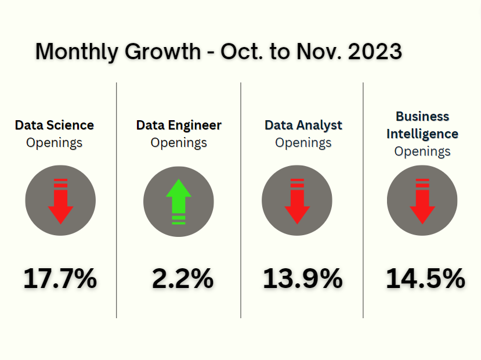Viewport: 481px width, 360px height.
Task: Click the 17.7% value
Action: pyautogui.click(x=60, y=279)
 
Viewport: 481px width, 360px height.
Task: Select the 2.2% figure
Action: pyautogui.click(x=182, y=279)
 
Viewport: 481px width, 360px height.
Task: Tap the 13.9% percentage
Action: pyautogui.click(x=302, y=279)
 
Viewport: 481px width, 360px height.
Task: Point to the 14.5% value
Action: pyautogui.click(x=425, y=279)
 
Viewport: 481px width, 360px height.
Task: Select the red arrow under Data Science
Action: pyautogui.click(x=60, y=201)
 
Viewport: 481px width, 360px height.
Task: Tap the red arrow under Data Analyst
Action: pyautogui.click(x=297, y=201)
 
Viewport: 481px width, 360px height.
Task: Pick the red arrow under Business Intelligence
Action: pyautogui.click(x=422, y=201)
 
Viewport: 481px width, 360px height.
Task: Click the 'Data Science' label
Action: pyautogui.click(x=55, y=125)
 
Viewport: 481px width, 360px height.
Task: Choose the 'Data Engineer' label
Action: pyautogui.click(x=179, y=125)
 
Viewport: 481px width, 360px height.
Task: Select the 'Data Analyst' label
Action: pyautogui.click(x=303, y=125)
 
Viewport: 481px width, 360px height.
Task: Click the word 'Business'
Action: pyautogui.click(x=422, y=116)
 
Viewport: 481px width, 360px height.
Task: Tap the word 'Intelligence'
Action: pyautogui.click(x=422, y=134)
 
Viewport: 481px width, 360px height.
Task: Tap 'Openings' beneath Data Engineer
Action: pyautogui.click(x=179, y=143)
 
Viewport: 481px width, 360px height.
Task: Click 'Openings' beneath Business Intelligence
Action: pyautogui.click(x=422, y=152)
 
